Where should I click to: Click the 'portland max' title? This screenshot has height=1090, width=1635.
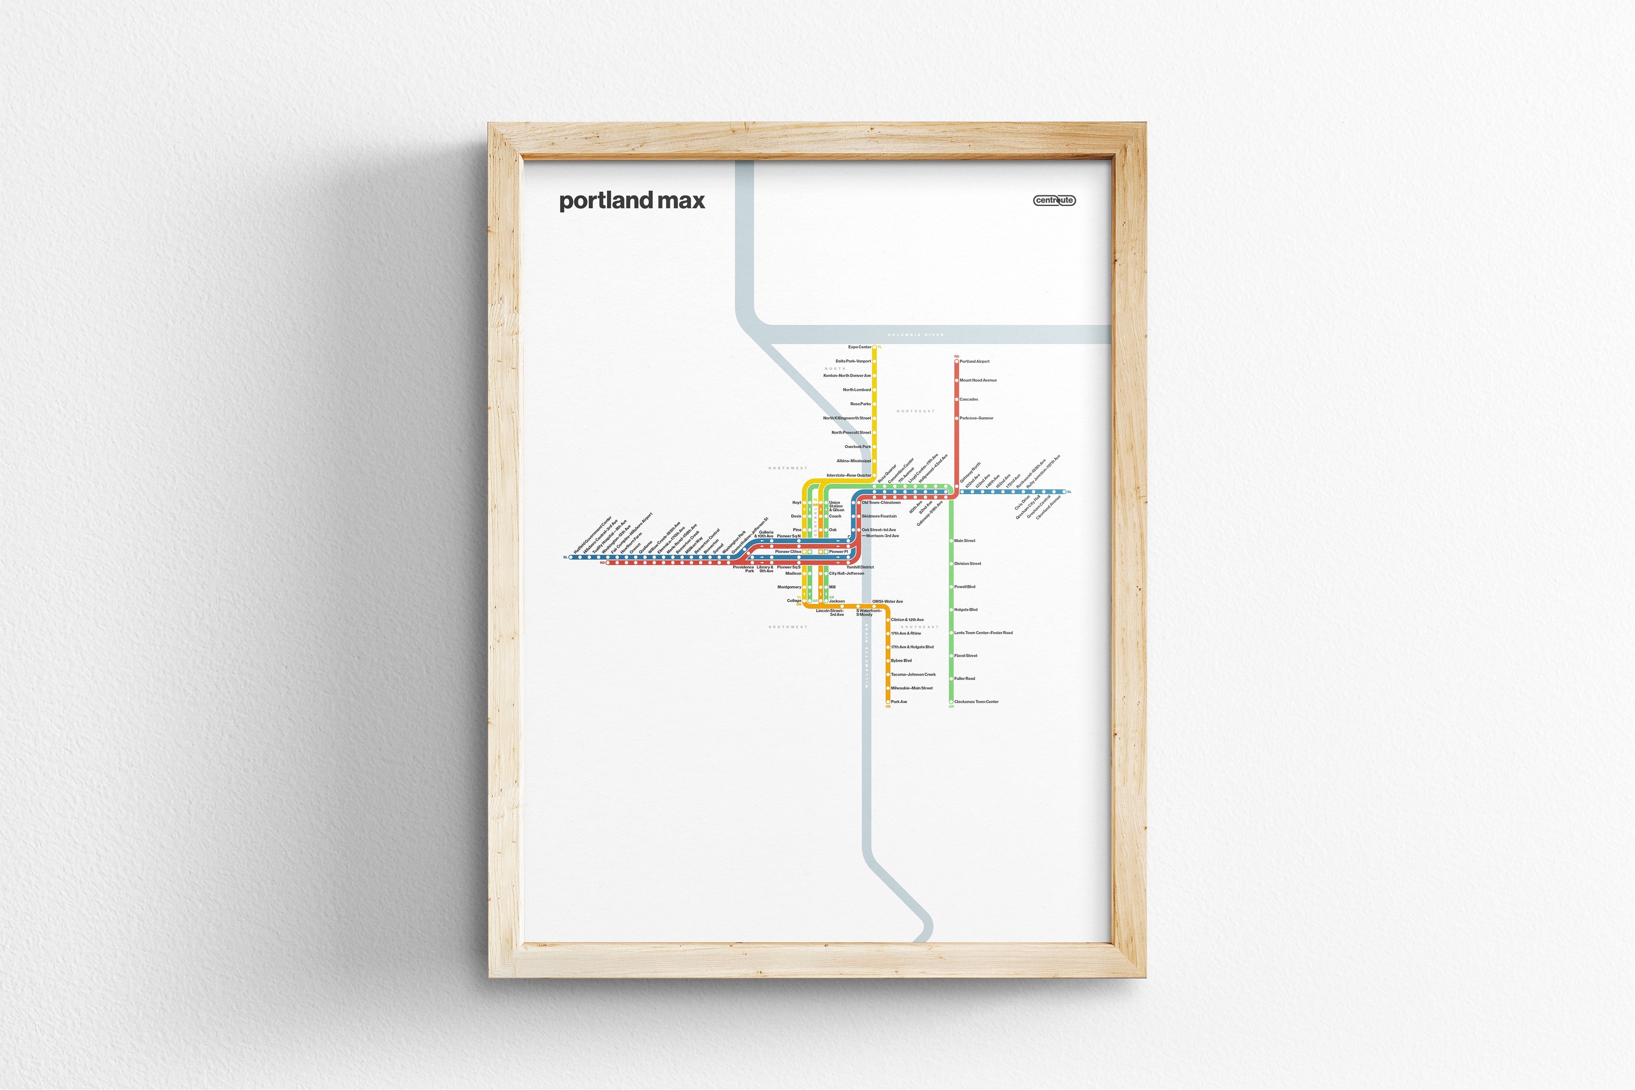[632, 201]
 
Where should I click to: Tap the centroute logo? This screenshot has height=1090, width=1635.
[1054, 200]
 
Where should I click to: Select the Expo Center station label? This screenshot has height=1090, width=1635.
[859, 347]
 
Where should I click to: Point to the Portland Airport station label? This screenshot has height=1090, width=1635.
[974, 361]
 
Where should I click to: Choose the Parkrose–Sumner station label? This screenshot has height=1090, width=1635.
[976, 419]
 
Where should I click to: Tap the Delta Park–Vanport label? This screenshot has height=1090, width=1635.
[853, 361]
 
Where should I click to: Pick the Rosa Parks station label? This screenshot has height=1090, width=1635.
[860, 404]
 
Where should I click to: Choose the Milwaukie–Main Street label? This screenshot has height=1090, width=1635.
[912, 688]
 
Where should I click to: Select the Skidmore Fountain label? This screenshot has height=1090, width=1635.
[879, 517]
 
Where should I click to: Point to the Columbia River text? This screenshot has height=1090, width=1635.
[916, 335]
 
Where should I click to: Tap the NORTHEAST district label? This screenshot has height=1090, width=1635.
[916, 412]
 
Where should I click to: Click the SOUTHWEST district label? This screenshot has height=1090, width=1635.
[788, 627]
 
